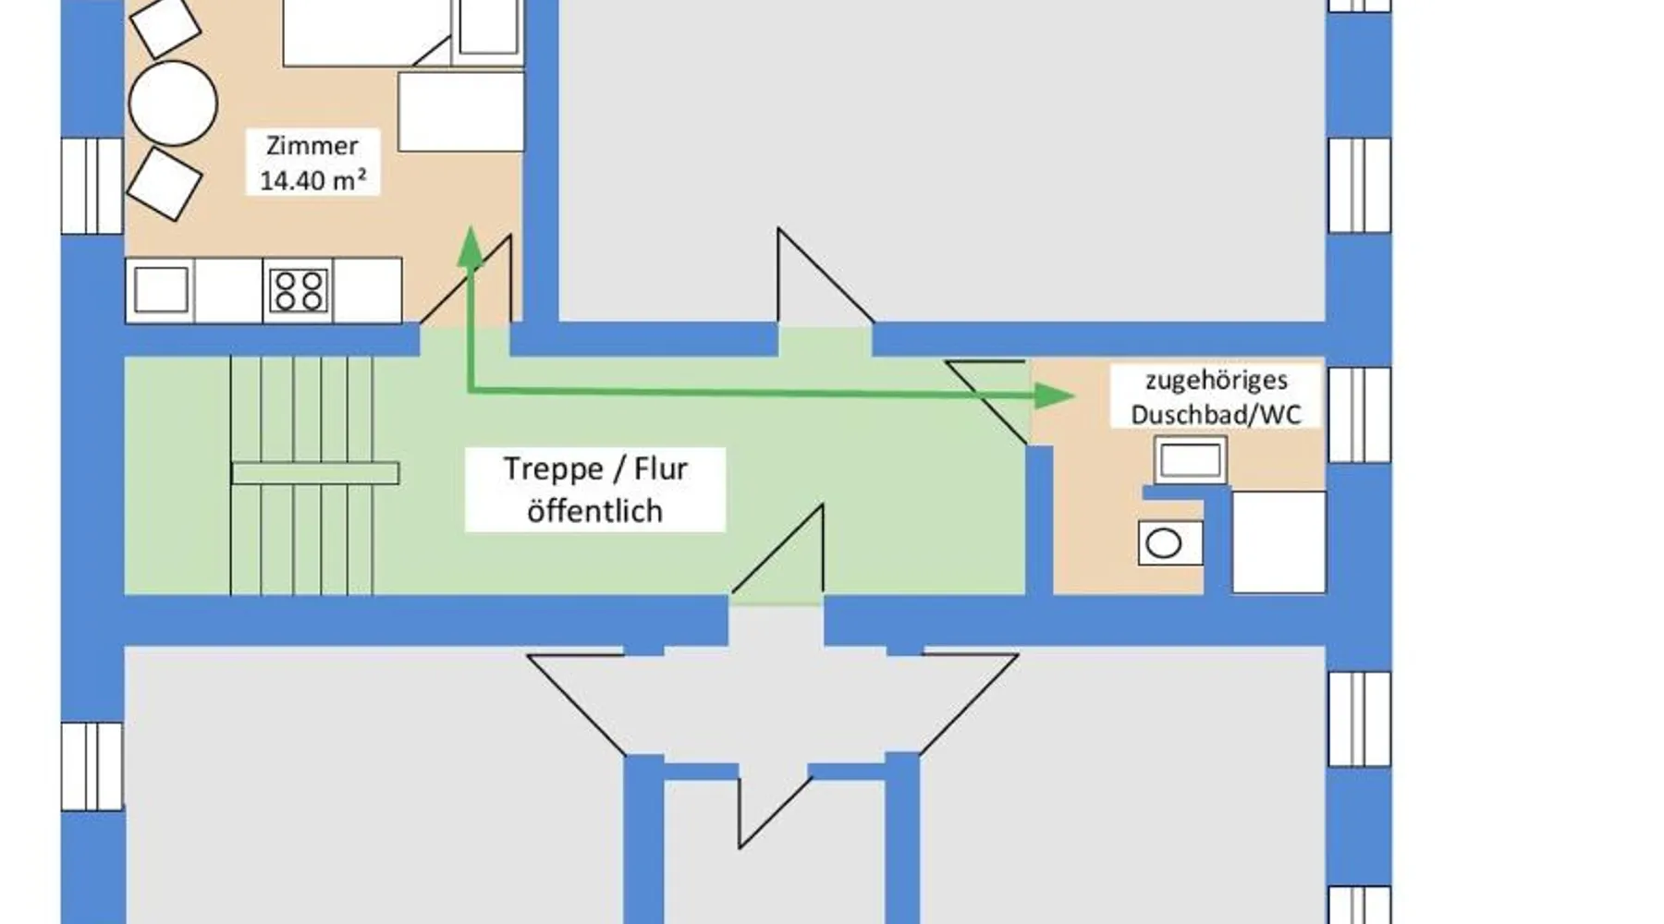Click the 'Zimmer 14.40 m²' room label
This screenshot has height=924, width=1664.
[312, 163]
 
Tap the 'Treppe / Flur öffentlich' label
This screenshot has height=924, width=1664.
[595, 490]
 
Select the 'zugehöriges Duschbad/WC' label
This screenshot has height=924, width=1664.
[1216, 397]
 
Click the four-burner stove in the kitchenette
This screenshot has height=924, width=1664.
[299, 290]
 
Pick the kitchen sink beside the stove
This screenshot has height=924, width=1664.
[162, 290]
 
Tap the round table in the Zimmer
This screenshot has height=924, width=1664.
[173, 103]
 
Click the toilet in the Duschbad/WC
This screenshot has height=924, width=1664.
[1169, 543]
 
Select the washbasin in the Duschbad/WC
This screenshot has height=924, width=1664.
[1191, 460]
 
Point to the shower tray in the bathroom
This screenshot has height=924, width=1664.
[1279, 541]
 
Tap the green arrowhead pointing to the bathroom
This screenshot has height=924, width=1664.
[1054, 396]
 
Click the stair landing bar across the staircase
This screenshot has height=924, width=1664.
[315, 473]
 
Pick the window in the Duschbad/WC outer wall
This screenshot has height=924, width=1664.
[1359, 415]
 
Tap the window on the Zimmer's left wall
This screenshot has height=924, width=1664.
[92, 187]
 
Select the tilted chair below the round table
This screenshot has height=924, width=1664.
[165, 184]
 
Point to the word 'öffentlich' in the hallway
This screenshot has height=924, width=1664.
[595, 511]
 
